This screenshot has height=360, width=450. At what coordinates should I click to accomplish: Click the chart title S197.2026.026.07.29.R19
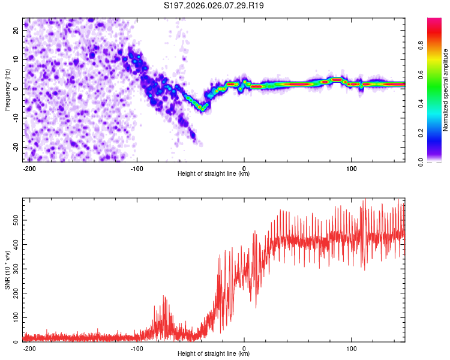coord(214,5)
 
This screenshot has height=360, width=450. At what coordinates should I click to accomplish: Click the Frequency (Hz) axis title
coord(8,90)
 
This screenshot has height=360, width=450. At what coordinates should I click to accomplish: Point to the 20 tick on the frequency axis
coord(16,29)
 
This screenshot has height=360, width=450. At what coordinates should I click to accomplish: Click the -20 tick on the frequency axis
coord(15,147)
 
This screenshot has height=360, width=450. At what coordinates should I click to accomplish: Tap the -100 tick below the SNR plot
coord(136,347)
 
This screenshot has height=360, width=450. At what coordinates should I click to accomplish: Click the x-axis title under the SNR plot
coord(214,354)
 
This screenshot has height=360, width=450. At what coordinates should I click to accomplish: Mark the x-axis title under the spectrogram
coord(214,174)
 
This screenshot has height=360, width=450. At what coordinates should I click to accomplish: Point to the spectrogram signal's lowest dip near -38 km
coord(203,109)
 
